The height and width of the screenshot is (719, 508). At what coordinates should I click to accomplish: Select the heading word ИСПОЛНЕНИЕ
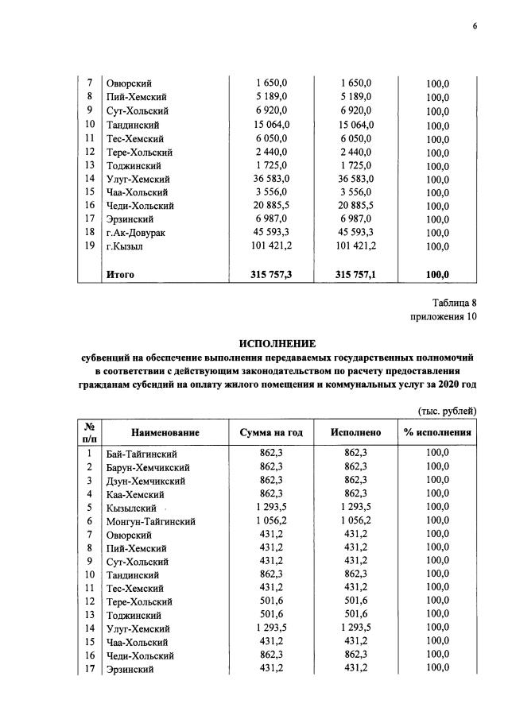point(277,344)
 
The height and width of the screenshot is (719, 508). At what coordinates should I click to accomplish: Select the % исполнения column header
point(437,432)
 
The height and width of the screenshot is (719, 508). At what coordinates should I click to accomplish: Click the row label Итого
point(120,275)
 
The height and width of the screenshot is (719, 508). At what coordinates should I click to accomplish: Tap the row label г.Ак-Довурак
point(138,233)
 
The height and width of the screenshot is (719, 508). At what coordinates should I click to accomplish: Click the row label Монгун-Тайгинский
point(150,521)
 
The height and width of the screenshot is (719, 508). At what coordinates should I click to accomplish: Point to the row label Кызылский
point(132,508)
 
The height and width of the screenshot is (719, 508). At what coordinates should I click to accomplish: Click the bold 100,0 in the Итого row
point(437,275)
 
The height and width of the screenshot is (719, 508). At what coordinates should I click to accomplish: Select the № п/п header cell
point(90,432)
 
